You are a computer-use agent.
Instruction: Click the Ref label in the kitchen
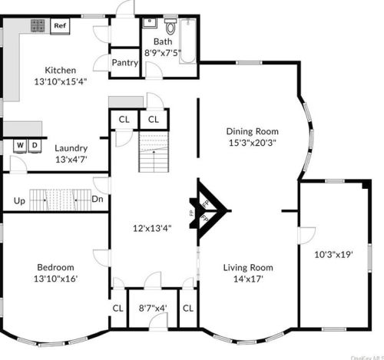click(x=59, y=25)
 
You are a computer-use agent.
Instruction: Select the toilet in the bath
click(x=170, y=28)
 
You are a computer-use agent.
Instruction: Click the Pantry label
click(x=124, y=63)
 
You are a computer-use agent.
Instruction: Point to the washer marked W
click(x=20, y=144)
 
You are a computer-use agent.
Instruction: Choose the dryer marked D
click(x=34, y=144)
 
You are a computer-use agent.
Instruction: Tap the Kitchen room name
click(x=60, y=71)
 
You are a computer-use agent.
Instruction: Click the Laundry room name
click(x=71, y=148)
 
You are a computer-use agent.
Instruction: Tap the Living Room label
click(x=248, y=268)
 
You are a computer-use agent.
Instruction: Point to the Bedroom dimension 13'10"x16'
click(x=56, y=279)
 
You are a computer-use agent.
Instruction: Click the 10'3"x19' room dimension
click(x=333, y=254)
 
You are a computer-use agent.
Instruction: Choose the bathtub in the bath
click(x=188, y=38)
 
